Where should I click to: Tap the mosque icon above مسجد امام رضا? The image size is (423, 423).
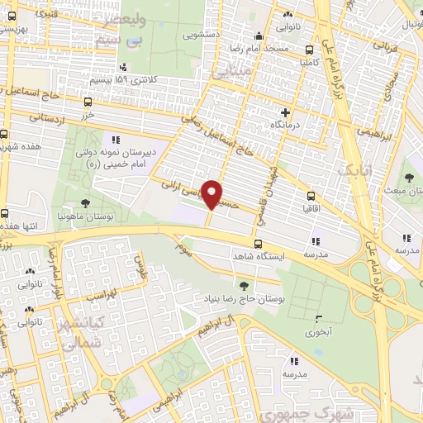tap(259, 36)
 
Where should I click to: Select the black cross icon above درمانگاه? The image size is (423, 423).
tap(286, 112)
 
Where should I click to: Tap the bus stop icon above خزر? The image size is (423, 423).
tap(88, 102)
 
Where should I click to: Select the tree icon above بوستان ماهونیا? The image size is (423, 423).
tap(85, 203)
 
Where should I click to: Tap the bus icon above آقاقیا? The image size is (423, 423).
tap(311, 196)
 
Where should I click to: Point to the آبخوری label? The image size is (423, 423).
tap(318, 331)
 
